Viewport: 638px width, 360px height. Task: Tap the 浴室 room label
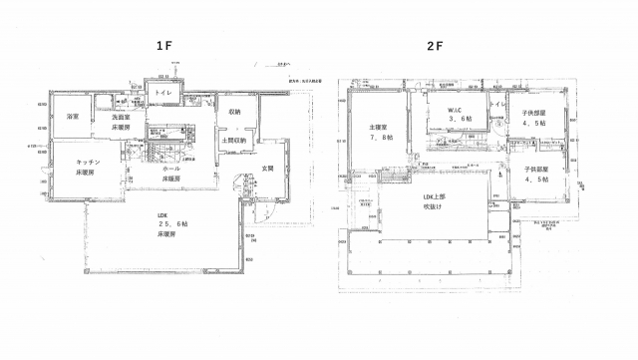pyautogui.click(x=72, y=118)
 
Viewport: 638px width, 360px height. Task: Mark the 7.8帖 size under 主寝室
pyautogui.click(x=381, y=141)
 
